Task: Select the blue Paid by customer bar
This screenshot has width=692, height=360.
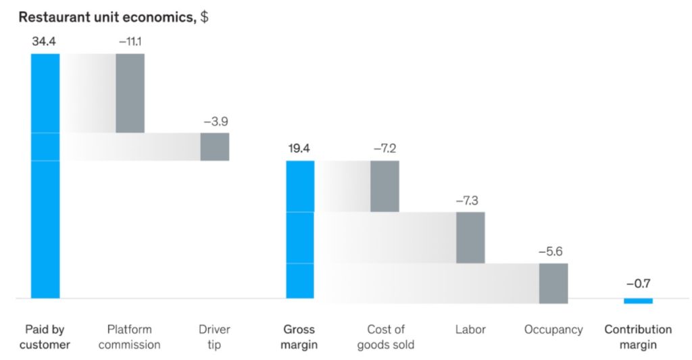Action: click(x=45, y=176)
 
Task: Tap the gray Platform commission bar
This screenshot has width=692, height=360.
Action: click(x=130, y=93)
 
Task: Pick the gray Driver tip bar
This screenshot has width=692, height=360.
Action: click(x=215, y=147)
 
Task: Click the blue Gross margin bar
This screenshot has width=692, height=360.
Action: click(x=300, y=229)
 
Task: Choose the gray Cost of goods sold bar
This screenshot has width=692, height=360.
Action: click(x=385, y=186)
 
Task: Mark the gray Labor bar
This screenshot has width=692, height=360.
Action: click(x=470, y=238)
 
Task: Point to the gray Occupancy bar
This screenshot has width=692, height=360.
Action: click(x=553, y=284)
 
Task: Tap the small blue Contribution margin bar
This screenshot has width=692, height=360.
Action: click(x=638, y=301)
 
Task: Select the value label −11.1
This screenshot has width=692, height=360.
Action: click(x=130, y=41)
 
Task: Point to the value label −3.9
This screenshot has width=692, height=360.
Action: click(x=216, y=122)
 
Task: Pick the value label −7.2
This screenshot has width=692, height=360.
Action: click(x=385, y=149)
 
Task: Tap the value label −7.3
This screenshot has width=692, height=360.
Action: click(x=470, y=201)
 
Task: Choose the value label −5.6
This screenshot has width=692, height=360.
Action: click(x=553, y=252)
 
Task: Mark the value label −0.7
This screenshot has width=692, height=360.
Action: click(x=638, y=284)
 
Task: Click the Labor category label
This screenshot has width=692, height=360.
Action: click(x=470, y=330)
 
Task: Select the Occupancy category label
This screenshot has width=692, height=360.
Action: click(x=553, y=330)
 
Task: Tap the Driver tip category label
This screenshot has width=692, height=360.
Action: click(x=214, y=337)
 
